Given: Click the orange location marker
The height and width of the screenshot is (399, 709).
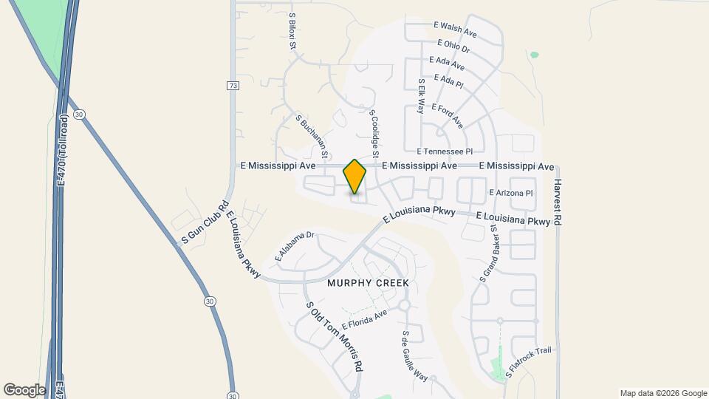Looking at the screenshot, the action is point(354,176).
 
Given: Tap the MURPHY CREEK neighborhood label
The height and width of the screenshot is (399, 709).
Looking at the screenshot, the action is point(367,284).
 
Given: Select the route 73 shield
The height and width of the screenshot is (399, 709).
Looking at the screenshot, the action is point(233,86).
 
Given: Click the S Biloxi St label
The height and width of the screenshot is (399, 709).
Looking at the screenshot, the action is point(292,31).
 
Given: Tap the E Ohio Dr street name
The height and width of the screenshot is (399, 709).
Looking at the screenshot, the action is point(453,47).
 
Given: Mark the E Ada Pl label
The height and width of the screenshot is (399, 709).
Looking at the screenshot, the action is point(448,80).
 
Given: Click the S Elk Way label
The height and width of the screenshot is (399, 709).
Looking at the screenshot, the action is point(422,95).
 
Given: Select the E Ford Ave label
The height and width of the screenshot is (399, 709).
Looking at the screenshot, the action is point(447,115).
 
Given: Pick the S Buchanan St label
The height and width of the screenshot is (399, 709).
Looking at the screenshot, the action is point(312,137).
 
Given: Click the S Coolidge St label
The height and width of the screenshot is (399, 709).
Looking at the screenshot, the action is point(374,134).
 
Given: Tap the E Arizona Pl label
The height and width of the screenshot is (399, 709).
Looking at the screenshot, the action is point(511,193).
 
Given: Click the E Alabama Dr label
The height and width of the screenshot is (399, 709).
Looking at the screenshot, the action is point(295,246).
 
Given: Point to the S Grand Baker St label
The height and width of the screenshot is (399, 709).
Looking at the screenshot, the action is point(488,253).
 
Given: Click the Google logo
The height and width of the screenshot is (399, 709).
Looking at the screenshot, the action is point(24,389).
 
